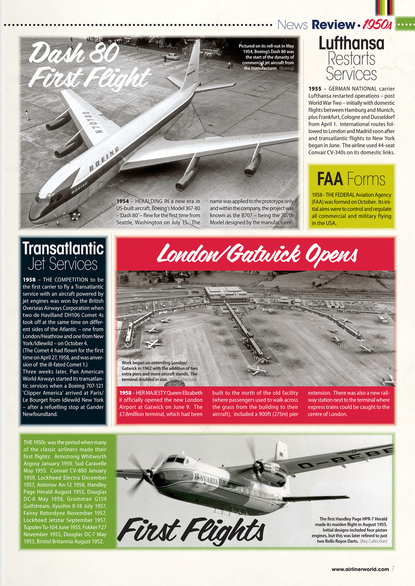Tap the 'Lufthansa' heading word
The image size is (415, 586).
351,43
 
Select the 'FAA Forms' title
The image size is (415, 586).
351,179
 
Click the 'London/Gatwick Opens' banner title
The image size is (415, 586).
256,253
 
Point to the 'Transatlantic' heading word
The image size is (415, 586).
63,248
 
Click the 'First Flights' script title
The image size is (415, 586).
191,531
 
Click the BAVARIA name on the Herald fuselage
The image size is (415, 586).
205,479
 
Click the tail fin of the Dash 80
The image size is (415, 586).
192,64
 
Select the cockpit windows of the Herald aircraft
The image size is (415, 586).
176,460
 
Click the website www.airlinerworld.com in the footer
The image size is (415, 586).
360,569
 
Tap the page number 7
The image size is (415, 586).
393,569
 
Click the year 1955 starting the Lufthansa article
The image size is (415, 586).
316,88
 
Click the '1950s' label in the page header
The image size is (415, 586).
376,24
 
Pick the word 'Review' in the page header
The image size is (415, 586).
328,24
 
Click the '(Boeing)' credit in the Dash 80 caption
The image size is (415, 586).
286,68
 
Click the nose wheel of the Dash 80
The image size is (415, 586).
75,215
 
